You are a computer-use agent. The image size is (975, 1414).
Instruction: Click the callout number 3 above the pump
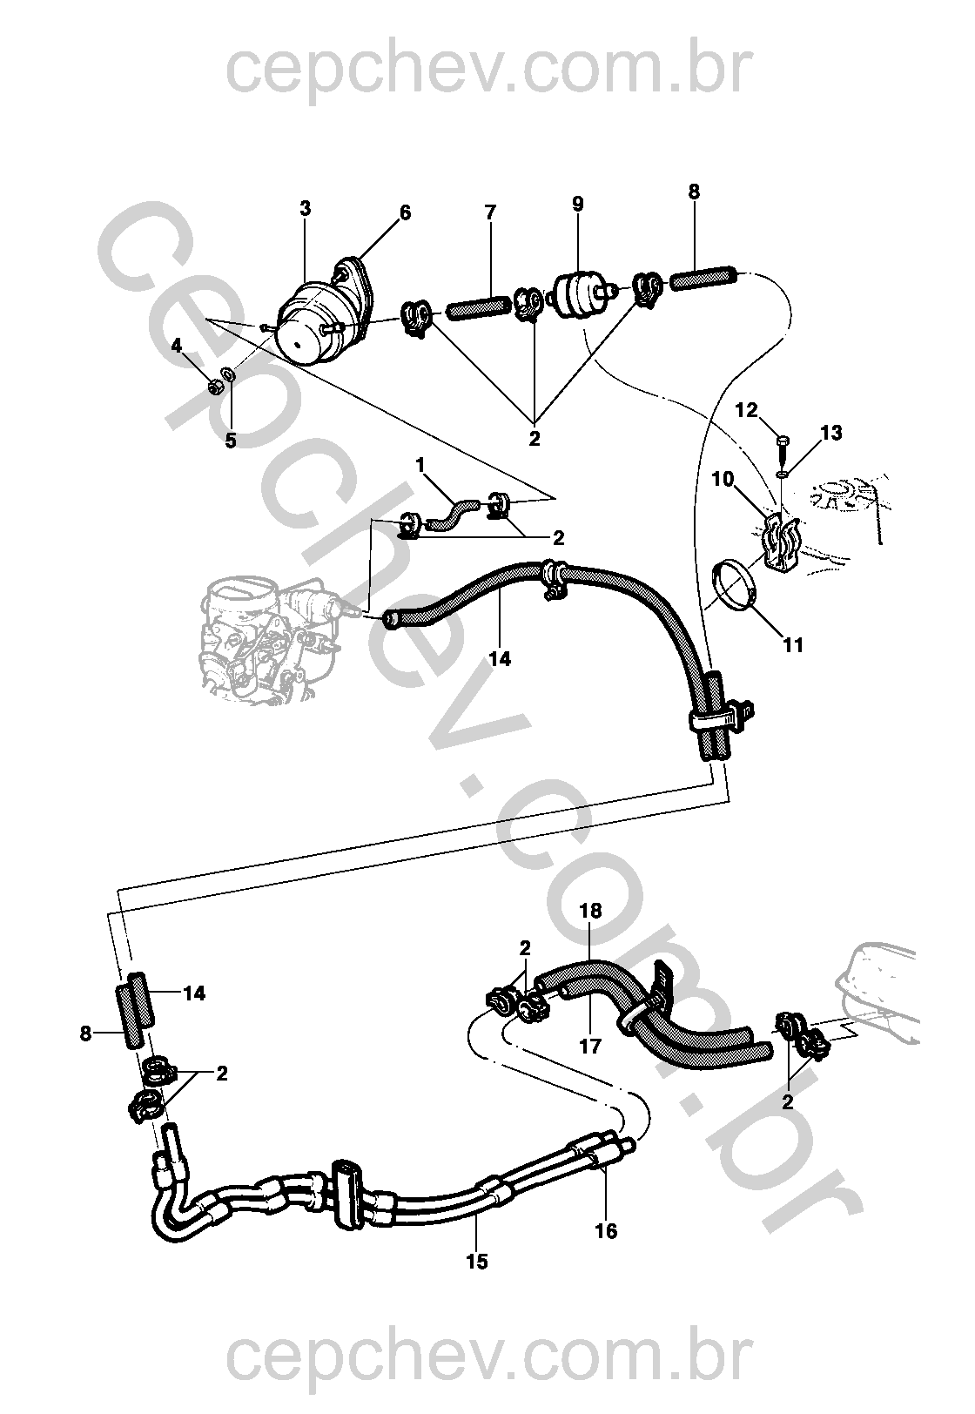click(x=305, y=209)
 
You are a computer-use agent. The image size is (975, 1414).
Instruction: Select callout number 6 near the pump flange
click(x=405, y=212)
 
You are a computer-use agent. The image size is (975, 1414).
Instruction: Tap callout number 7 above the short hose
click(x=490, y=212)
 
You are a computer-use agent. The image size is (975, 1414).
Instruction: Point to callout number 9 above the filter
click(x=578, y=204)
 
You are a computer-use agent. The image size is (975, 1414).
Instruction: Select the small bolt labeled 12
click(x=782, y=448)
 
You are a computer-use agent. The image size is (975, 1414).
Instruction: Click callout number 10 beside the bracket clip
click(x=723, y=479)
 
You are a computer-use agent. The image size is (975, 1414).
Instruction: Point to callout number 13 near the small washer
click(x=831, y=433)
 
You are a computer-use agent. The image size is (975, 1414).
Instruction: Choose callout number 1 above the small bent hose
click(x=420, y=466)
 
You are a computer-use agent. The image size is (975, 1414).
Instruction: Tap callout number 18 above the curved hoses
click(x=590, y=912)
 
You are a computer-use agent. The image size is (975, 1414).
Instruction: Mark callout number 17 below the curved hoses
click(x=590, y=1046)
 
